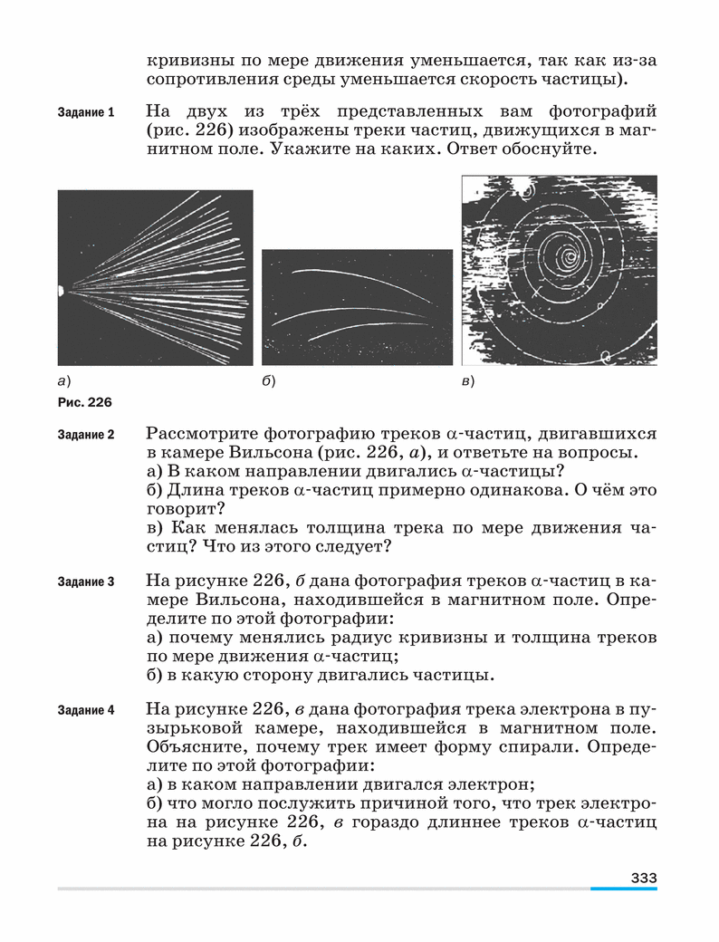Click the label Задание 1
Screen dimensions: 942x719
click(x=85, y=113)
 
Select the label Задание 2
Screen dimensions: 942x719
click(x=85, y=434)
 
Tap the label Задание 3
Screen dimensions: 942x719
click(x=85, y=582)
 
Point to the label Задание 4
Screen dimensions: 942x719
click(x=85, y=710)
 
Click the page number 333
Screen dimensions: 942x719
click(x=643, y=877)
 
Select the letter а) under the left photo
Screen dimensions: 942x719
click(x=63, y=381)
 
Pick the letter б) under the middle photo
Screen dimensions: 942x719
click(x=268, y=381)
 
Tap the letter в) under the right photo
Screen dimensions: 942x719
click(x=468, y=381)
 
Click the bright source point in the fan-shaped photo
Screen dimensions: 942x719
click(x=60, y=291)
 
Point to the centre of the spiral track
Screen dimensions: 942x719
click(x=570, y=256)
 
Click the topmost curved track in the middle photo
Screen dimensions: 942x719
click(x=353, y=276)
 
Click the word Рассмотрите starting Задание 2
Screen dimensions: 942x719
click(x=200, y=433)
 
